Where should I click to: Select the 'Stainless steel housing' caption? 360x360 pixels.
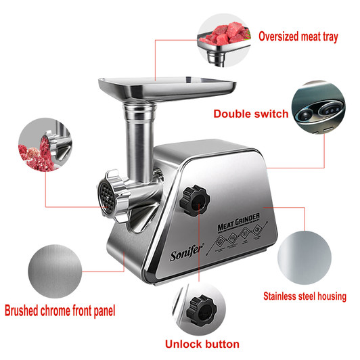click(305, 296)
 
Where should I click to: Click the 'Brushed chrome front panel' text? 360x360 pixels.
click(60, 312)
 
